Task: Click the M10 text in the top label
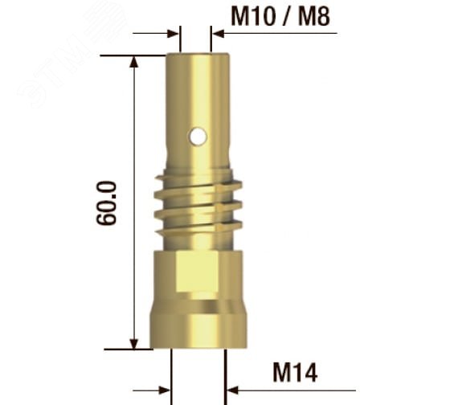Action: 252,16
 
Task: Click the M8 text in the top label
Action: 314,16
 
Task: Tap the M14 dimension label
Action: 295,372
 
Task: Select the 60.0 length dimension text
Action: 106,203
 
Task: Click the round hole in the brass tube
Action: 198,136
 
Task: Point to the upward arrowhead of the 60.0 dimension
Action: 134,62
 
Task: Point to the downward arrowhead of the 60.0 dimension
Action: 134,344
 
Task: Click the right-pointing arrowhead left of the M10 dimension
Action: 173,33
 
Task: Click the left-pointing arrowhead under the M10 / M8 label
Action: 219,33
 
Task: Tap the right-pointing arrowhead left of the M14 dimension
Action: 165,391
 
